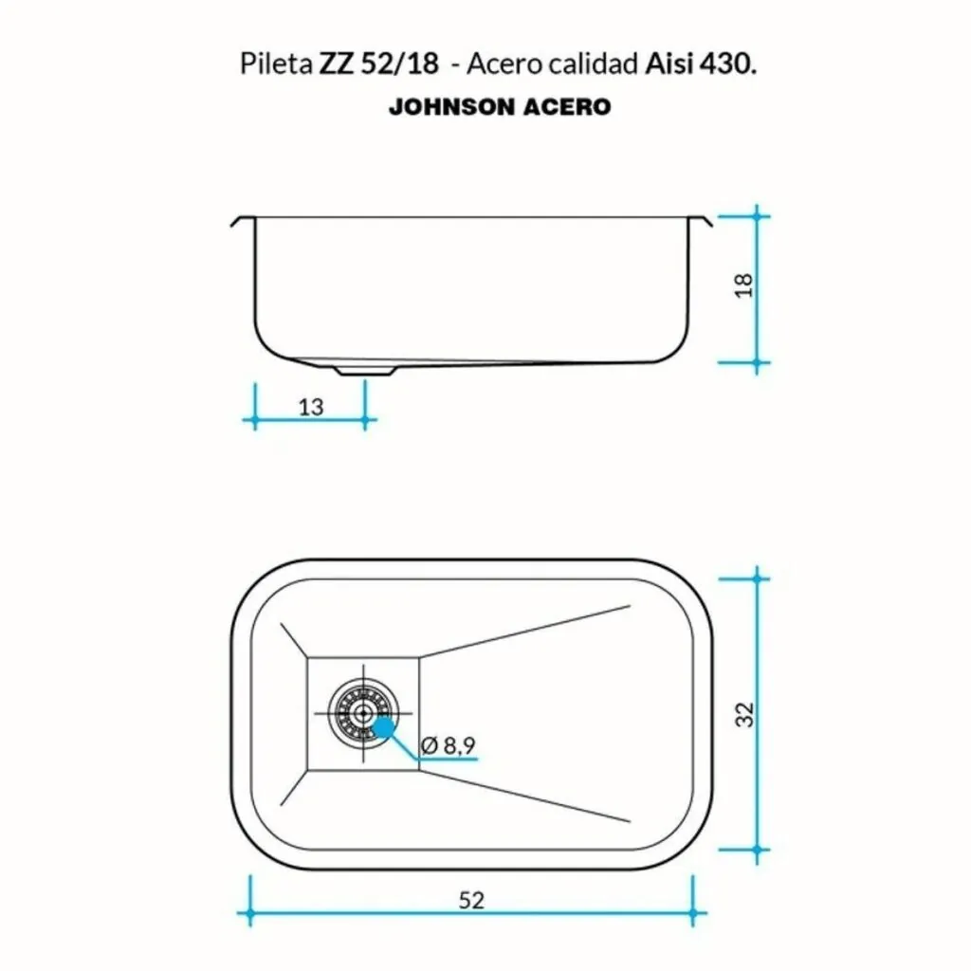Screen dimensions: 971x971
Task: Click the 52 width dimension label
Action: [471, 900]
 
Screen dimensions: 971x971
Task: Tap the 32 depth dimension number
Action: [745, 715]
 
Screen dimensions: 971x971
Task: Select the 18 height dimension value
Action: [743, 284]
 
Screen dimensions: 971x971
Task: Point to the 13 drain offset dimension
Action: [311, 407]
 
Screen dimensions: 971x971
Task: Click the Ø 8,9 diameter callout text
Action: [448, 744]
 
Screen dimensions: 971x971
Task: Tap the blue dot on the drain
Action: [384, 727]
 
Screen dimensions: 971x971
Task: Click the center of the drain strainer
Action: [363, 713]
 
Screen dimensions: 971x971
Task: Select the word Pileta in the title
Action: [276, 64]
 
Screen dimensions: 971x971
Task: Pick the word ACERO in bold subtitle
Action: [567, 107]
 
